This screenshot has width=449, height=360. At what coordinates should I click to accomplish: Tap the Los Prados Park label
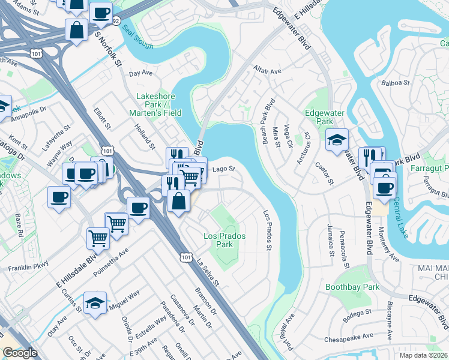224,240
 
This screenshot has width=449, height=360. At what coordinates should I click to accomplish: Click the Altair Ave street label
267,71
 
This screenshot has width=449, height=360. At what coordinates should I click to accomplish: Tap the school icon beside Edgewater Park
337,140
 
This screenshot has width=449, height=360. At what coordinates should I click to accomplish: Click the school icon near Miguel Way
95,303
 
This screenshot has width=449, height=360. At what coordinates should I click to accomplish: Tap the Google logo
20,353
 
